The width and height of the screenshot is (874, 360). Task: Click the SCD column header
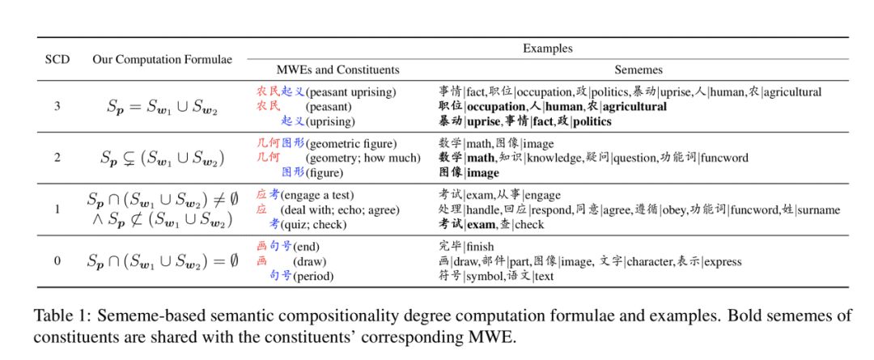pos(57,60)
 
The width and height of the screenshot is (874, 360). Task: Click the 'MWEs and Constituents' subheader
pos(338,70)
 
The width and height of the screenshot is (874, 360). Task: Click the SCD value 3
pos(57,107)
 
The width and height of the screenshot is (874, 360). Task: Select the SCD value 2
pos(57,157)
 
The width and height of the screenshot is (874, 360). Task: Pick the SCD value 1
pos(57,209)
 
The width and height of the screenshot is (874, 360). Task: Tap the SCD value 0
pos(57,260)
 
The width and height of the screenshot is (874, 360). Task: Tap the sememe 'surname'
pos(820,210)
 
